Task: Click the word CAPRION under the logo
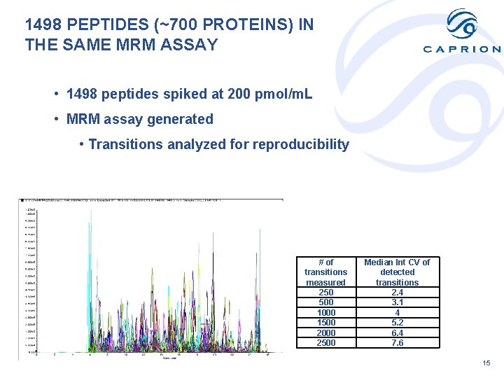click(462, 49)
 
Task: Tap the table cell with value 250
click(326, 292)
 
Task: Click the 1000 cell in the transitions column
click(326, 312)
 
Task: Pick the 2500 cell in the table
click(326, 343)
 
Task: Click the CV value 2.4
click(398, 292)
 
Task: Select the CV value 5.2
click(398, 323)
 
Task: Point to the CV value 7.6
click(398, 343)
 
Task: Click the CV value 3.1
click(398, 302)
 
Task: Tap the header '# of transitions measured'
click(326, 272)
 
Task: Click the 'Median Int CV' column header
click(398, 272)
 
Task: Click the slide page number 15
click(486, 363)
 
